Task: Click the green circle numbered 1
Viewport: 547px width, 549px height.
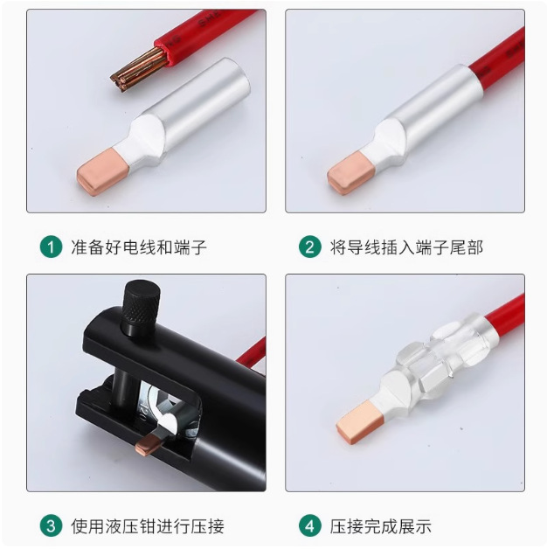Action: pyautogui.click(x=52, y=247)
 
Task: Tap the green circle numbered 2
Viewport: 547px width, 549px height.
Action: pyautogui.click(x=309, y=247)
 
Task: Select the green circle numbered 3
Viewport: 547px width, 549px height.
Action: pyautogui.click(x=52, y=526)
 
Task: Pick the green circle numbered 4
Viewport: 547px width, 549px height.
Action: pyautogui.click(x=309, y=526)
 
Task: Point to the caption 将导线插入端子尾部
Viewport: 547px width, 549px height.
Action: pyautogui.click(x=405, y=247)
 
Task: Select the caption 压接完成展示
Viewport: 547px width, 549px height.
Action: pyautogui.click(x=380, y=526)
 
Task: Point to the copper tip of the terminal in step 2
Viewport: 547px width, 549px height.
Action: pyautogui.click(x=350, y=175)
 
